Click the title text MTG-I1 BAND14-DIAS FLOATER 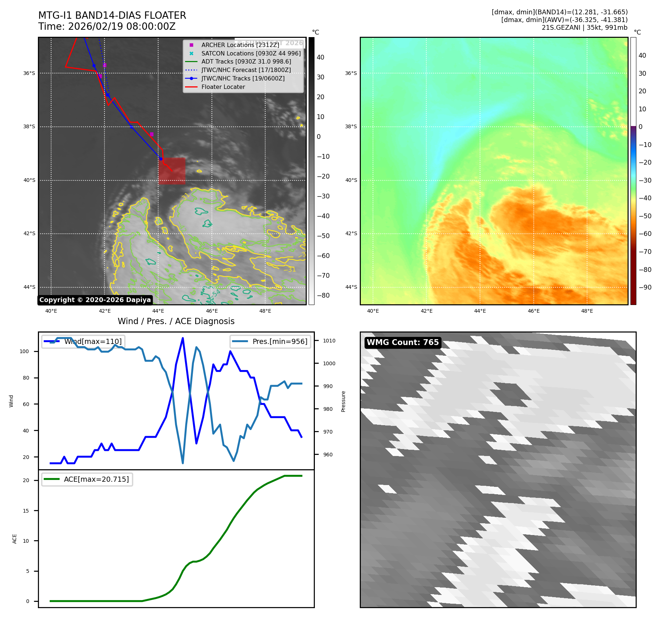pyautogui.click(x=112, y=15)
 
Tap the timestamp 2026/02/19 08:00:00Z pyautogui.click(x=122, y=27)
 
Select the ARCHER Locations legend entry pyautogui.click(x=240, y=45)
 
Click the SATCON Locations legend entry pyautogui.click(x=250, y=53)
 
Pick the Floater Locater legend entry pyautogui.click(x=223, y=87)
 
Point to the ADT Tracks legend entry pyautogui.click(x=246, y=62)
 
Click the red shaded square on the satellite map pyautogui.click(x=172, y=170)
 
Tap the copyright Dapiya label pyautogui.click(x=95, y=300)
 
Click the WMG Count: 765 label pyautogui.click(x=403, y=342)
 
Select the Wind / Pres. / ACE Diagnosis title pyautogui.click(x=176, y=321)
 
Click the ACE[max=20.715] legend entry pyautogui.click(x=96, y=480)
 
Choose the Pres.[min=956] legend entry pyautogui.click(x=280, y=341)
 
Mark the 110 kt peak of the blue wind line pyautogui.click(x=183, y=338)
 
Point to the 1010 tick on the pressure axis pyautogui.click(x=329, y=341)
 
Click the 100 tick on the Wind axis pyautogui.click(x=24, y=351)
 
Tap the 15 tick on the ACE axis pyautogui.click(x=26, y=511)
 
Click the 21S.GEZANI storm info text pyautogui.click(x=584, y=28)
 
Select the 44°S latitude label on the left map pyautogui.click(x=29, y=287)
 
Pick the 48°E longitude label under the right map pyautogui.click(x=587, y=311)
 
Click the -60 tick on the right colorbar pyautogui.click(x=645, y=234)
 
